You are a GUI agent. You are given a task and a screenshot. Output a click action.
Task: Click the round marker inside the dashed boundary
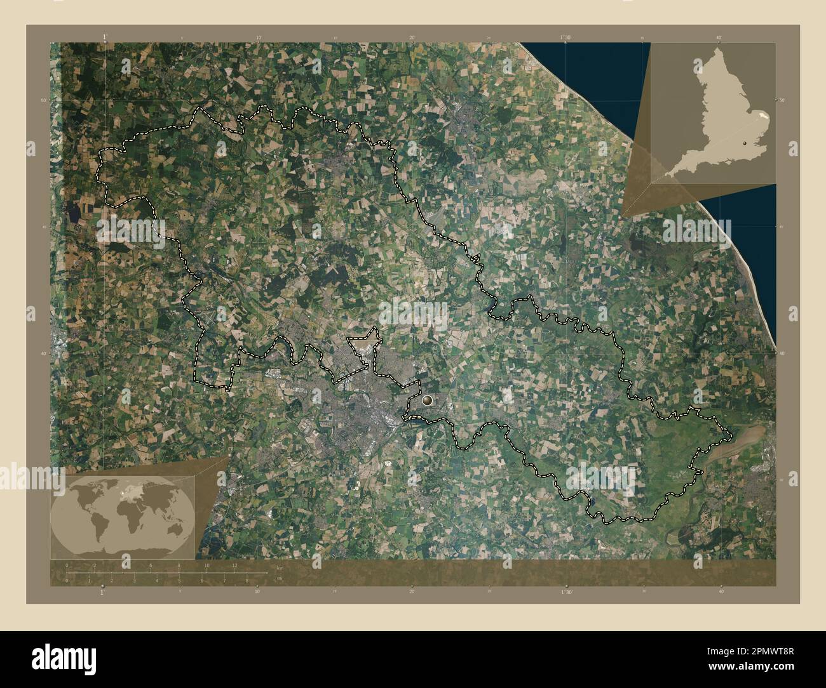[x=428, y=400]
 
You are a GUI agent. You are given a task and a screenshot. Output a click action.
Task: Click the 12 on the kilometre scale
[x=234, y=566]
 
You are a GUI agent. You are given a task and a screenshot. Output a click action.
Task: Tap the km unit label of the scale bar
[x=280, y=567]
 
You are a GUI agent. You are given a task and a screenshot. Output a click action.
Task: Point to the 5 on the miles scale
[x=179, y=580]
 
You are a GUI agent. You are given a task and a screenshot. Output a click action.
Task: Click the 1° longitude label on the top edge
[x=104, y=37]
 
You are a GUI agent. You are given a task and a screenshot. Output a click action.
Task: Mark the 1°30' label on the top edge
[x=566, y=37]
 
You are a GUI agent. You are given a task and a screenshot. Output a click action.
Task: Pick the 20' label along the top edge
[x=412, y=37]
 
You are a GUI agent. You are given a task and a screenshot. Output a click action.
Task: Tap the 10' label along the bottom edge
[x=257, y=592]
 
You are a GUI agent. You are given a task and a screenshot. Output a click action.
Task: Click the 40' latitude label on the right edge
[x=782, y=354]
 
